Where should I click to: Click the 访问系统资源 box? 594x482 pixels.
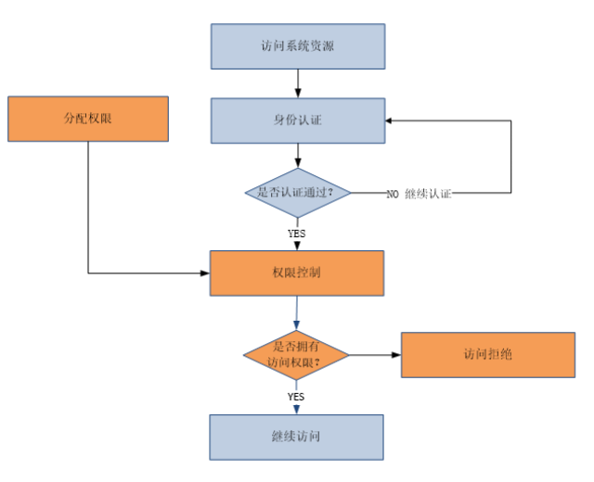tap(296, 46)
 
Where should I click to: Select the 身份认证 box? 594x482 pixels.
tap(296, 120)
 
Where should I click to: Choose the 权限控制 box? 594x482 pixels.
tap(296, 274)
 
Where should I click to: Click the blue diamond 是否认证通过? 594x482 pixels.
tap(296, 194)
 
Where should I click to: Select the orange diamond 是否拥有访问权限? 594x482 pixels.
tap(296, 356)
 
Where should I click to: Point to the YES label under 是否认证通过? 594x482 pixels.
tap(296, 233)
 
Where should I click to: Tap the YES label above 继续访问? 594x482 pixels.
tap(296, 396)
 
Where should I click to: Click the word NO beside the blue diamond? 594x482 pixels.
tap(392, 195)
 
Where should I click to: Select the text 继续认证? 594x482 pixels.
tap(429, 195)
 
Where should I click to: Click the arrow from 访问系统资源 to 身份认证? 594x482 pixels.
tap(296, 83)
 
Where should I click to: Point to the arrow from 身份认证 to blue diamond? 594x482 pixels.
tap(296, 158)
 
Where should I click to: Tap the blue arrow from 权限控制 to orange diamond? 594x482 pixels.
tap(296, 313)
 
